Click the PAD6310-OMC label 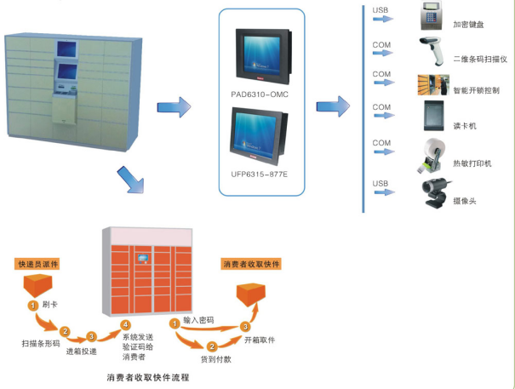tap(260, 93)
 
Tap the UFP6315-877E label tap(260, 174)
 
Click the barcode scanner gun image tap(433, 52)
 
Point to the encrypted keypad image tap(435, 18)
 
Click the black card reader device tap(434, 116)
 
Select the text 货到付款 tap(218, 358)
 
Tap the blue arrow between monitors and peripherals tap(333, 106)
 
